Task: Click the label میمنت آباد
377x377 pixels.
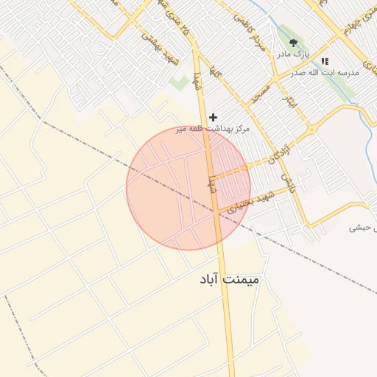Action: (229, 281)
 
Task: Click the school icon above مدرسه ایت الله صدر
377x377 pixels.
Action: (325, 61)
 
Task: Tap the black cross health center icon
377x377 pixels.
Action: (214, 117)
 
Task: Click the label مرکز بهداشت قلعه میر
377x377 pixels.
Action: (213, 129)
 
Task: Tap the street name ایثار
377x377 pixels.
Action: (292, 100)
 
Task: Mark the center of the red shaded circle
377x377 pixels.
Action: (188, 188)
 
